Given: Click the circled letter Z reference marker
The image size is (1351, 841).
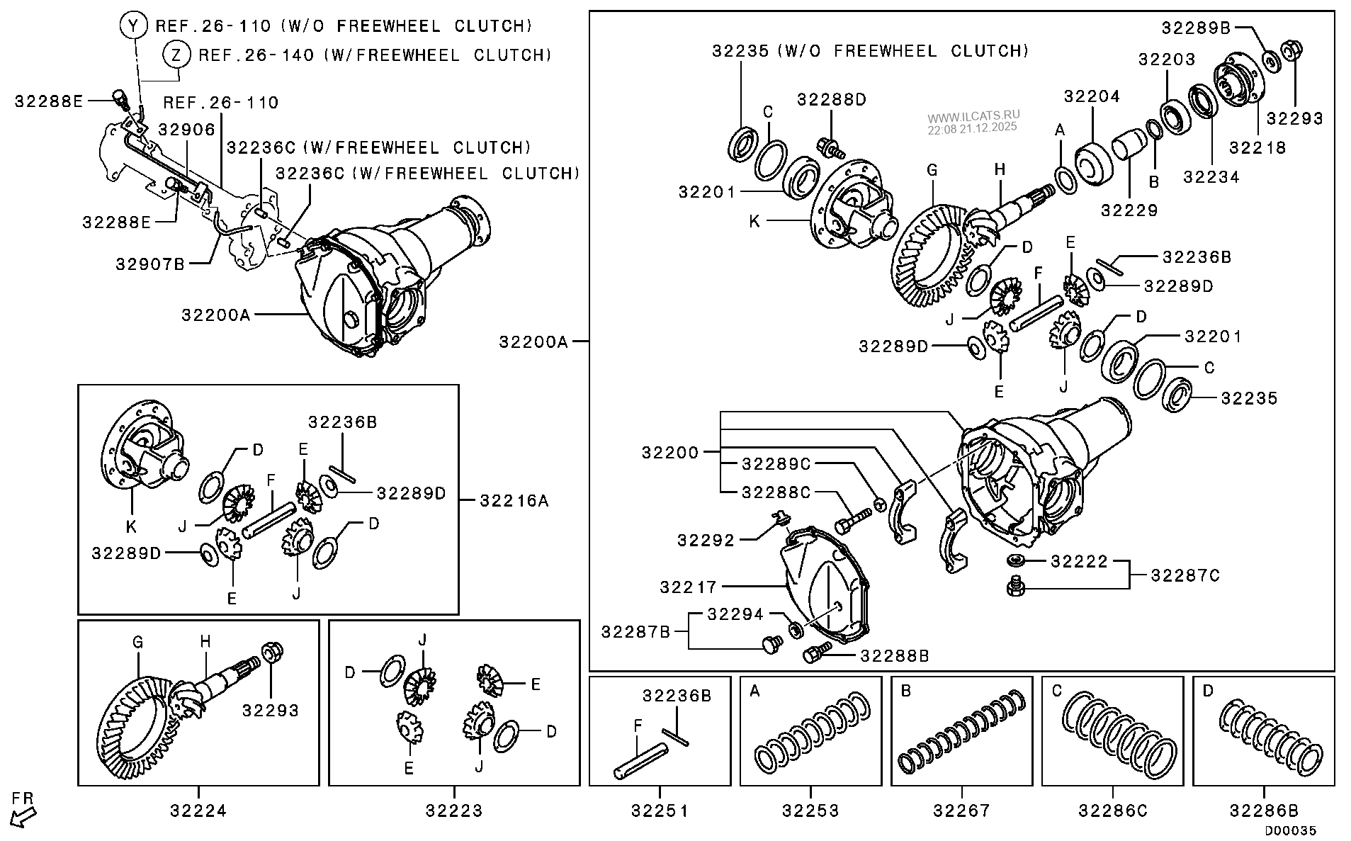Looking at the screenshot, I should pos(176,55).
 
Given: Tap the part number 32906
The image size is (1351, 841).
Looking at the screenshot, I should pos(186,130).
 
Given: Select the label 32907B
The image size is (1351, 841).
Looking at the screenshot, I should pos(150,264).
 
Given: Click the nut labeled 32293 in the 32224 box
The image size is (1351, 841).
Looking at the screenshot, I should pos(270,651).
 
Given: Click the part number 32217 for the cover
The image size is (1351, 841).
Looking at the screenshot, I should pos(689,587).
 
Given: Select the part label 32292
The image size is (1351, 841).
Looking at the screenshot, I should pos(706,541).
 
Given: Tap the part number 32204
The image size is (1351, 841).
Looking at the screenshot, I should pos(1092,96).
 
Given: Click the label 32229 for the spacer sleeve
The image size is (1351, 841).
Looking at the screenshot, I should pos(1129,210).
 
